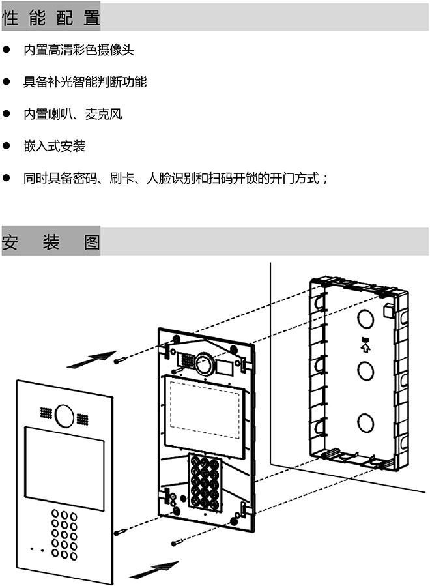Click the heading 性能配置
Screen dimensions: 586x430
coord(51,18)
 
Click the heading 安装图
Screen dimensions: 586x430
coord(51,242)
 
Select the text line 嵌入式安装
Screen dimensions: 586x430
coord(54,146)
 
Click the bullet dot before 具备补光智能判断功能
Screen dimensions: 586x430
coord(7,82)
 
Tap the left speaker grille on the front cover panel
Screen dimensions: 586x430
coord(46,413)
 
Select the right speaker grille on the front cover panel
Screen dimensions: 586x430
coord(82,417)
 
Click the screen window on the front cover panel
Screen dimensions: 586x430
coord(64,467)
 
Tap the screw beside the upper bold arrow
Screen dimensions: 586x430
coord(117,360)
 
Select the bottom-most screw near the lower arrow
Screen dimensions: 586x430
coord(175,542)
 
